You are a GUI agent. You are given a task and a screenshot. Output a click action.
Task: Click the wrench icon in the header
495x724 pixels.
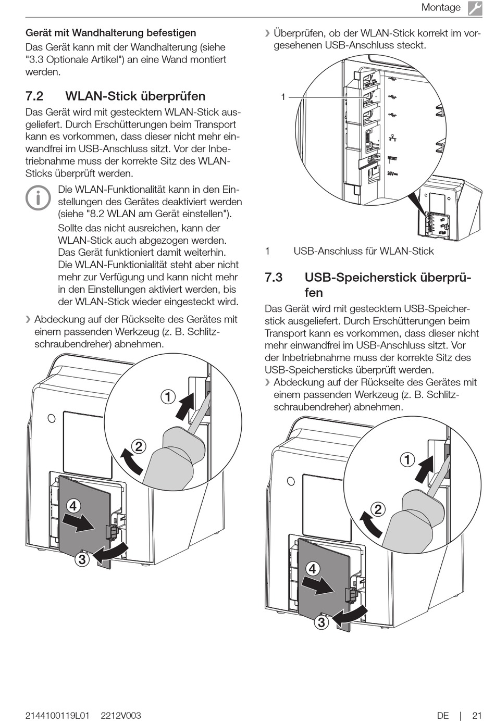[474, 8]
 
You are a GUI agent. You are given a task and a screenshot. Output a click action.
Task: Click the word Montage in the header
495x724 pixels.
[441, 8]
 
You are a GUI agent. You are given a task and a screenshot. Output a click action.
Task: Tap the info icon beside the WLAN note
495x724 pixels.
[39, 198]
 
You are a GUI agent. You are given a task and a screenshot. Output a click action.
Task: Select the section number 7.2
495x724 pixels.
[34, 96]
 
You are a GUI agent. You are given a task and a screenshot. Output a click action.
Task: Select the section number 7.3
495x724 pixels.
[274, 278]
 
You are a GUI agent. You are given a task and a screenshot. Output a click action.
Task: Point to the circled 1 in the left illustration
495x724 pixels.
[168, 397]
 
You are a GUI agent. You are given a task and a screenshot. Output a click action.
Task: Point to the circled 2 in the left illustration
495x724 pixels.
[139, 446]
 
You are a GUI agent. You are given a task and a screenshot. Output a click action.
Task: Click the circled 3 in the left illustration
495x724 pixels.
[82, 559]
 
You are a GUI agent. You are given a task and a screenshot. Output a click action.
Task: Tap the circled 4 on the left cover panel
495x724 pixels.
[73, 506]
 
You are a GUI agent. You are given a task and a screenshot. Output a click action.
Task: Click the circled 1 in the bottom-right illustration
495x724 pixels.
[407, 459]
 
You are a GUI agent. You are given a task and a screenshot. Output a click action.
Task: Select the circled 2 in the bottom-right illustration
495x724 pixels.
[378, 509]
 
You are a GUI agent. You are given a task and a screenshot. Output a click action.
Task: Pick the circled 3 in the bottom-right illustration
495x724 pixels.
[321, 622]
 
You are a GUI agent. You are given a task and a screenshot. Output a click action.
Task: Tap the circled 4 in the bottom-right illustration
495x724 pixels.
[313, 568]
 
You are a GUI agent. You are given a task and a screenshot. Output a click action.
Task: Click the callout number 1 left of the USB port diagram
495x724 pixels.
[283, 97]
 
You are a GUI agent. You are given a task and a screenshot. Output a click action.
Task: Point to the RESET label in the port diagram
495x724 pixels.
[392, 158]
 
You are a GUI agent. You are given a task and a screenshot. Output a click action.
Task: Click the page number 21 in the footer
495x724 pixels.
[477, 716]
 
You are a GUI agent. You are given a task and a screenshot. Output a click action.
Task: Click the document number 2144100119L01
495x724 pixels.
[58, 716]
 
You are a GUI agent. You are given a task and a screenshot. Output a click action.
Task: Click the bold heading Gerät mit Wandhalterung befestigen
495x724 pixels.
[111, 33]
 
